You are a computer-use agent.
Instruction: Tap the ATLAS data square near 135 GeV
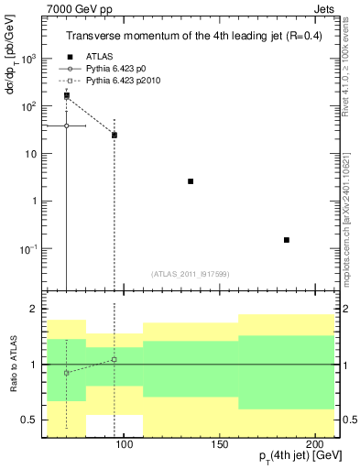[191, 181]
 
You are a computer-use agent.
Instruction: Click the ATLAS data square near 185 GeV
[287, 240]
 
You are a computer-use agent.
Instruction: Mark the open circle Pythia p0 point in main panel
[66, 125]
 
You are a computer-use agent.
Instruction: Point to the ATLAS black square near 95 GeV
[115, 135]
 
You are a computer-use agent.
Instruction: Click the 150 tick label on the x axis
[219, 443]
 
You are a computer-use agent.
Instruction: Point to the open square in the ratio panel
[115, 359]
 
